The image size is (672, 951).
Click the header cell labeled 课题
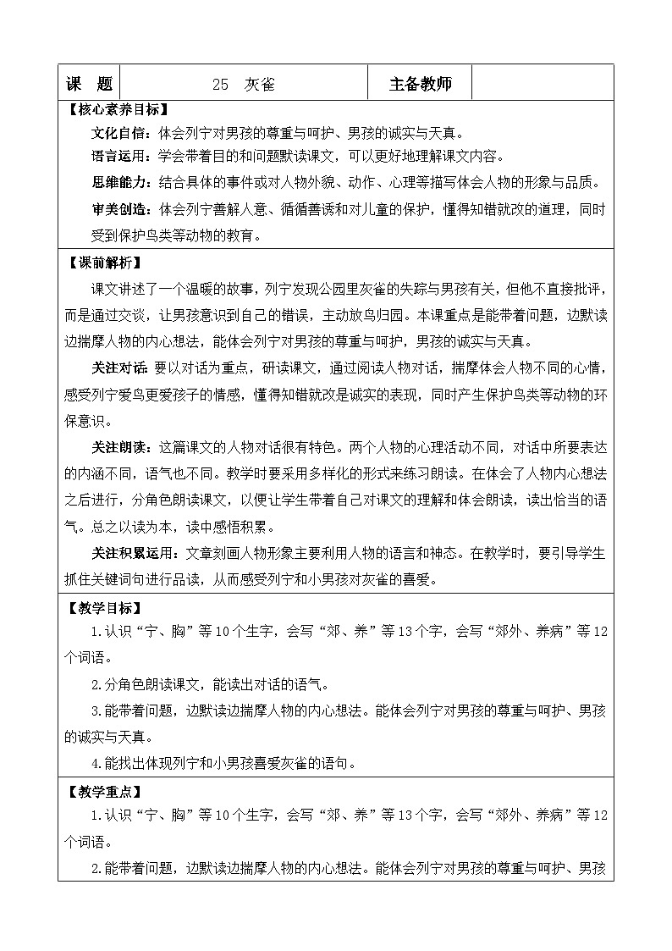tap(89, 85)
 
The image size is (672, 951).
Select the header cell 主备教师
tap(420, 85)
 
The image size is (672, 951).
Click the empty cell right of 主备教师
tap(541, 85)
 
